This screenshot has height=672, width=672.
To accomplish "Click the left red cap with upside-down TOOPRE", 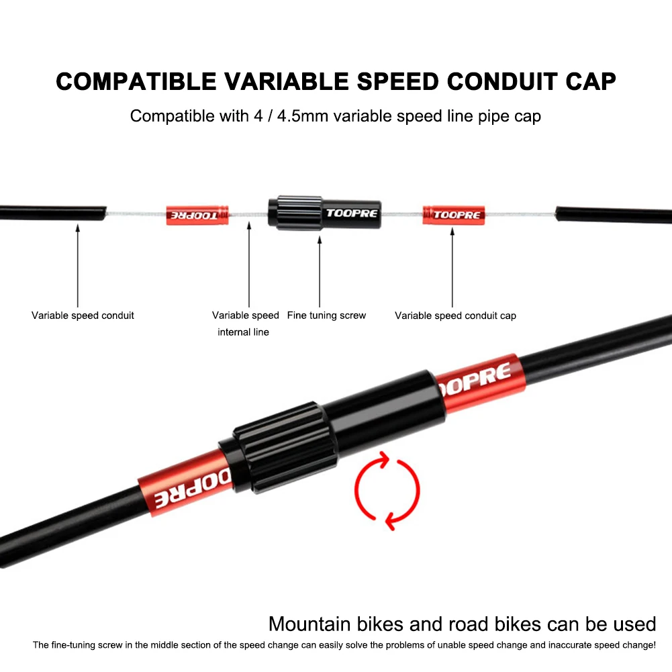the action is point(197,215).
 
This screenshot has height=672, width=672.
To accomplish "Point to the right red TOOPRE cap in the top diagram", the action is point(453,215).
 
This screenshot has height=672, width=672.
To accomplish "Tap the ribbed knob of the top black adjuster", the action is point(293,213).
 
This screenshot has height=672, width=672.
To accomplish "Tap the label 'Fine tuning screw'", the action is point(326,315).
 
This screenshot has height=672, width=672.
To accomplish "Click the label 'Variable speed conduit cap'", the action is point(455,316).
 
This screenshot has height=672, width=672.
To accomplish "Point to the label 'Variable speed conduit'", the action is point(83,316).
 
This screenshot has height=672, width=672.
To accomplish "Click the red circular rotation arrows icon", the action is point(382,488).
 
